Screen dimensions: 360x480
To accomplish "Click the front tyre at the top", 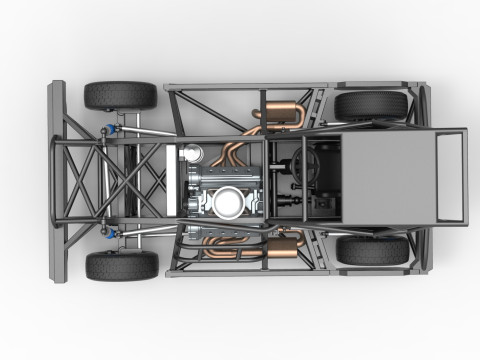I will [120, 95].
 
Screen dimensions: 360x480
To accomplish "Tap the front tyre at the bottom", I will [121, 266].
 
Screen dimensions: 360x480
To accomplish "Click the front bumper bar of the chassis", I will [56, 180].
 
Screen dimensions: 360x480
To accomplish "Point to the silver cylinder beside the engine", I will [191, 154].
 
